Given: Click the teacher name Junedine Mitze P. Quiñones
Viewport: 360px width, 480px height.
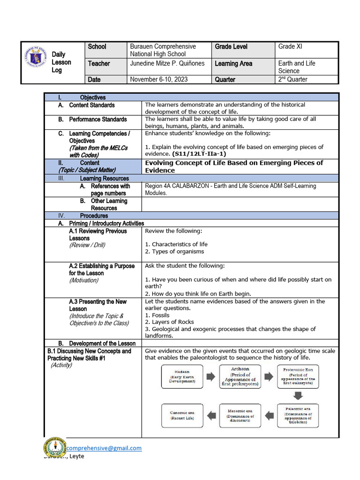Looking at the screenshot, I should tap(167, 63).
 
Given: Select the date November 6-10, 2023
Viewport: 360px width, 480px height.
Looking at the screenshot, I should tap(158, 79).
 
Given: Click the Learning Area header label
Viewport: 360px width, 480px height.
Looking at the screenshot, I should tap(233, 63).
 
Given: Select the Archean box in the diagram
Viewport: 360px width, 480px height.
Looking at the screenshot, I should tap(240, 377).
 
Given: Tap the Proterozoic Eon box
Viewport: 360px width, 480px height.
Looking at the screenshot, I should tap(299, 377).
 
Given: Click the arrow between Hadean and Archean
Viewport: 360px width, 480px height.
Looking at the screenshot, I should tap(210, 377).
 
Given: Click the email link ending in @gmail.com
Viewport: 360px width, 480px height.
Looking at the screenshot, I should tap(104, 448).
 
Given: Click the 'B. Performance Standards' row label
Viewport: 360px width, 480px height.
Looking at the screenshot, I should tap(97, 120).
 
